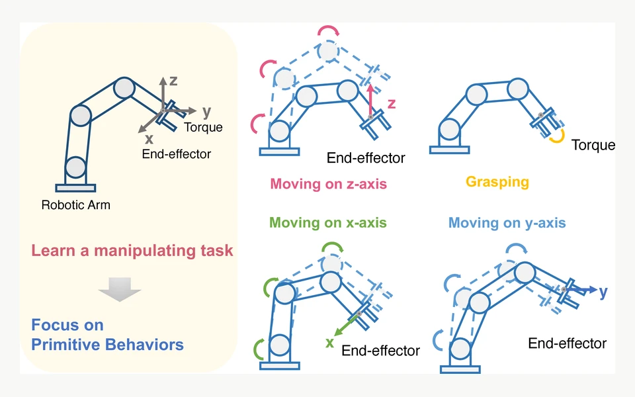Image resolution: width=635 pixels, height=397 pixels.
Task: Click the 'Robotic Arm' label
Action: click(x=75, y=205)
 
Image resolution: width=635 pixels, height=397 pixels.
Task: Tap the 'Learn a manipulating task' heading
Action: click(x=132, y=250)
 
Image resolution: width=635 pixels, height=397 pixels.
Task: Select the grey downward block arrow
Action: click(x=120, y=289)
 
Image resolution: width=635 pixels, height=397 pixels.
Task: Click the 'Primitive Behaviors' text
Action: click(x=107, y=345)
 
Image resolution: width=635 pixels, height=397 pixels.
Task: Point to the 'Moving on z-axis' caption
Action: click(x=329, y=184)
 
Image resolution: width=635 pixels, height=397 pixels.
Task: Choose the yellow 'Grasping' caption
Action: click(x=497, y=182)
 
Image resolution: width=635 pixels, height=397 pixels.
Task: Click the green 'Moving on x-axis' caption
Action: click(x=328, y=223)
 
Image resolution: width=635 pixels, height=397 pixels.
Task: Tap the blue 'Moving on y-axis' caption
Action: click(x=507, y=223)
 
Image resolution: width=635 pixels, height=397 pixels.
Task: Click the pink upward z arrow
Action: click(x=370, y=100)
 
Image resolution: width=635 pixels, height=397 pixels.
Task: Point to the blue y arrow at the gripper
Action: click(x=581, y=290)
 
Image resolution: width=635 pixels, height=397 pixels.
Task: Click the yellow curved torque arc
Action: click(x=558, y=136)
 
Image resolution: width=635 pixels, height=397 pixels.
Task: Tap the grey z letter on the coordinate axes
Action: click(x=173, y=81)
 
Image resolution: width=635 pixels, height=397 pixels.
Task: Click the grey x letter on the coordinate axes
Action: click(x=149, y=140)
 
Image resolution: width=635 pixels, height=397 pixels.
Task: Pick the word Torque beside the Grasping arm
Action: click(x=593, y=145)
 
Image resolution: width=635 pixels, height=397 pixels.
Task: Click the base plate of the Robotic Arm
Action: click(x=75, y=188)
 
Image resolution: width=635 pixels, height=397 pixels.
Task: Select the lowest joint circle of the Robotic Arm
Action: click(x=75, y=167)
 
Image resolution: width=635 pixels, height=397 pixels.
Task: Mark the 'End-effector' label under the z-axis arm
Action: click(x=366, y=158)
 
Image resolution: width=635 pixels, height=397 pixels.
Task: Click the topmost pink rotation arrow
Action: click(x=329, y=30)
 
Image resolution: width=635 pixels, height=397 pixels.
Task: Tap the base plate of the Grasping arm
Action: click(x=450, y=150)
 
